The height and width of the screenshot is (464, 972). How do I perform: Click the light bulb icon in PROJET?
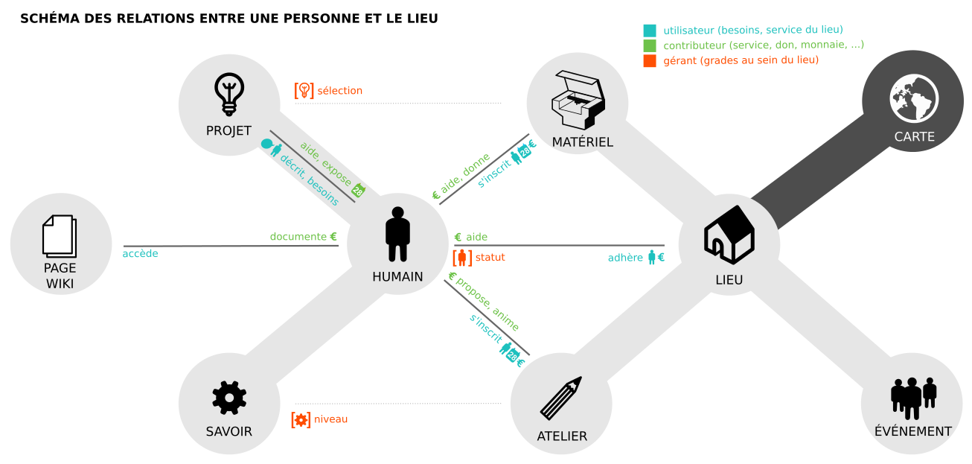[x=229, y=94]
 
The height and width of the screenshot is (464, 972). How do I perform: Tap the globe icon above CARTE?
[x=914, y=98]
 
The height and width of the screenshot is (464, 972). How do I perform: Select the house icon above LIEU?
[x=729, y=235]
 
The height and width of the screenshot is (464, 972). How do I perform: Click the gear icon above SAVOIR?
[x=229, y=398]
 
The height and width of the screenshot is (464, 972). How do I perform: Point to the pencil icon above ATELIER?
[x=560, y=398]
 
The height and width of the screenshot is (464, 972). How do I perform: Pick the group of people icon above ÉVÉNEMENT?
[x=913, y=398]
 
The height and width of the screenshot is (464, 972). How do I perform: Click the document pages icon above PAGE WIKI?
[x=60, y=237]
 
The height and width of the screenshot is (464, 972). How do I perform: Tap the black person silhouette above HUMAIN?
[x=397, y=235]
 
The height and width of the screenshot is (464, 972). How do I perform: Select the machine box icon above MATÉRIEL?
[x=578, y=101]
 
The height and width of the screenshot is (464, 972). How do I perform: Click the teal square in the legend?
[x=650, y=31]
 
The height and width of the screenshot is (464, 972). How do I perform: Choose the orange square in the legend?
[x=650, y=61]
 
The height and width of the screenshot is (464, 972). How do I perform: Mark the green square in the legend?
[x=650, y=45]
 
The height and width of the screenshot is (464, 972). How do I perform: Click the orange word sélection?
[x=340, y=91]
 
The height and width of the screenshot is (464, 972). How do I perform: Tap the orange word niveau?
[x=330, y=419]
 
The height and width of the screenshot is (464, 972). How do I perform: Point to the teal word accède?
[x=140, y=253]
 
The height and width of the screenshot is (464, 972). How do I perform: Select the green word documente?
[x=298, y=237]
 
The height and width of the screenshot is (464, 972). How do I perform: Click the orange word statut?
[x=490, y=258]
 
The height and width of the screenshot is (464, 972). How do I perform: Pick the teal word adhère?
[x=625, y=258]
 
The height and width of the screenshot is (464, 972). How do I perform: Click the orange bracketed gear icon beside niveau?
[x=301, y=420]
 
